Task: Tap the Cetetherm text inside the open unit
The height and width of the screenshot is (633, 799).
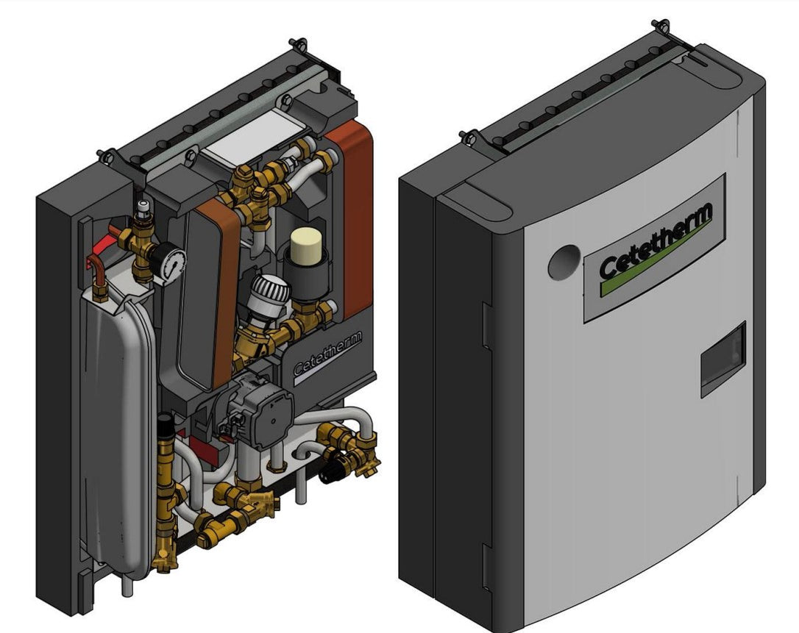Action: coord(327,358)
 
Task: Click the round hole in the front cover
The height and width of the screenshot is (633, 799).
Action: coord(564,262)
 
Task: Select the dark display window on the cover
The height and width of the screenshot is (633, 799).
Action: coord(722,358)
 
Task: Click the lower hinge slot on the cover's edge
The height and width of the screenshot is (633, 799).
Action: coord(486,566)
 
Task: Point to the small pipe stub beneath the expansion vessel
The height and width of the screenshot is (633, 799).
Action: coord(126,588)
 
